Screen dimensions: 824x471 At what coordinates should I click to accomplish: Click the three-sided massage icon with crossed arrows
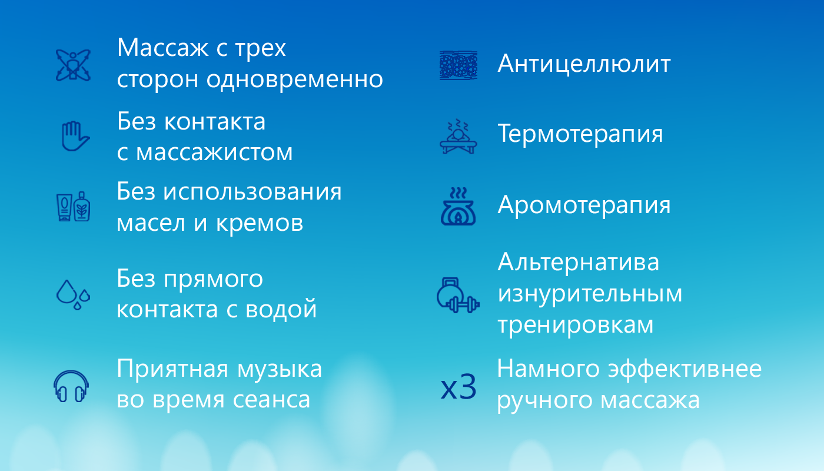click(73, 65)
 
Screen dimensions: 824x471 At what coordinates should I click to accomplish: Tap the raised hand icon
click(75, 136)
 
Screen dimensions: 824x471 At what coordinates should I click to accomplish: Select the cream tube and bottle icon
click(73, 207)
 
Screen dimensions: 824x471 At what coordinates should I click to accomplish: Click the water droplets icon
click(73, 295)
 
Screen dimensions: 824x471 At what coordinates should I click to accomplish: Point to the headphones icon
click(71, 386)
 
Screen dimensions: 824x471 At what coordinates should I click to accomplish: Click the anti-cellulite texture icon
click(458, 65)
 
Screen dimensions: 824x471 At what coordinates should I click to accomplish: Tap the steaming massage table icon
click(458, 136)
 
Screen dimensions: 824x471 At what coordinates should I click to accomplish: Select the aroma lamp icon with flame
click(458, 207)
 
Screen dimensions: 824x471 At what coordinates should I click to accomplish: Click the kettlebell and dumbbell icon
click(458, 295)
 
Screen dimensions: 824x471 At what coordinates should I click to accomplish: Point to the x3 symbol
click(458, 387)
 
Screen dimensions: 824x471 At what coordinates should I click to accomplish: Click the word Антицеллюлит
click(584, 64)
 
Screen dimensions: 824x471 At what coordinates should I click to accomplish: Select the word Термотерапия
click(580, 135)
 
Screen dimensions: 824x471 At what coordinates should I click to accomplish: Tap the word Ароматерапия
click(584, 205)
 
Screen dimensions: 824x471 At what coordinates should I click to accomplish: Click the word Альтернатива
click(578, 262)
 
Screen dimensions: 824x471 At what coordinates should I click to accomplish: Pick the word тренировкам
click(576, 325)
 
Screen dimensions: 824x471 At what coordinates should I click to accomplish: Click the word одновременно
click(295, 79)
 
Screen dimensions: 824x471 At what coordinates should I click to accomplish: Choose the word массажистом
click(214, 152)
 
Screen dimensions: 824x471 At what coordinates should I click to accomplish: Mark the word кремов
click(260, 223)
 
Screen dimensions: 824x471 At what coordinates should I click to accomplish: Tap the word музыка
click(280, 370)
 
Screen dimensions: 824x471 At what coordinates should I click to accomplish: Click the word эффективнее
click(685, 369)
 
